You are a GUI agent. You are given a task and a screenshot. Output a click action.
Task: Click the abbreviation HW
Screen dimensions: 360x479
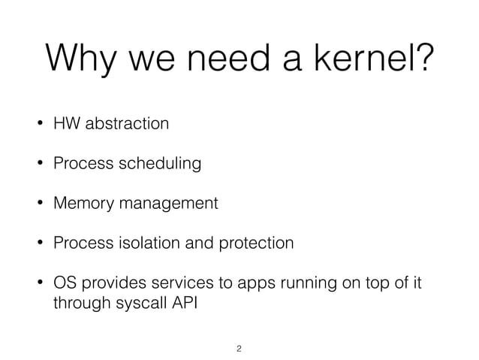click(64, 123)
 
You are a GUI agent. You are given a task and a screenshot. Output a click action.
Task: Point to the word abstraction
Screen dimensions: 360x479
click(125, 123)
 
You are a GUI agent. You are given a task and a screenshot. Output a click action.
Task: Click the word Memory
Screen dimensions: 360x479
click(79, 203)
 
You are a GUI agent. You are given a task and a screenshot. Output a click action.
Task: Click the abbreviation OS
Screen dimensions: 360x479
click(63, 284)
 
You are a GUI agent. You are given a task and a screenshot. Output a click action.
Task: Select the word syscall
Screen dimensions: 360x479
click(136, 304)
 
